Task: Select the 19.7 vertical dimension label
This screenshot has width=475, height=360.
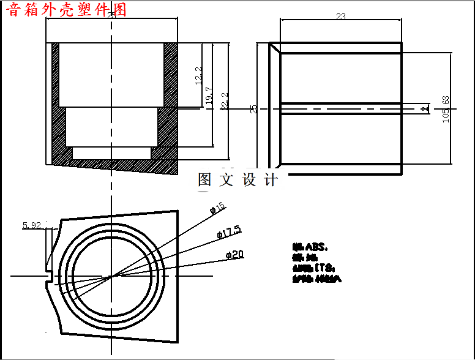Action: tap(209, 98)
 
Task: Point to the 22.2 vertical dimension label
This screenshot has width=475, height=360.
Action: tap(224, 101)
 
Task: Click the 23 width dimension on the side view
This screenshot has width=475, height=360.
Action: tap(341, 17)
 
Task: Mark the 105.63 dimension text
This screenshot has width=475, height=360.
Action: tap(446, 109)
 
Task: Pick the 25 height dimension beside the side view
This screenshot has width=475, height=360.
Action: tap(254, 109)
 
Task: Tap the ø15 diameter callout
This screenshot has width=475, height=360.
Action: tap(218, 208)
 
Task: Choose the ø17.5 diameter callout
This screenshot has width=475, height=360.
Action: tap(229, 232)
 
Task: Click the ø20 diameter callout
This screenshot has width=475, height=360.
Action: tap(235, 254)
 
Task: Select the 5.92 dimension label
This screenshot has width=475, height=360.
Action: tap(31, 225)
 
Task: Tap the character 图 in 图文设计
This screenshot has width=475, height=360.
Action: tap(204, 180)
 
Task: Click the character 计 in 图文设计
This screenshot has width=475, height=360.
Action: tap(271, 180)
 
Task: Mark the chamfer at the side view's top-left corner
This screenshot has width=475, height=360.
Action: tap(275, 48)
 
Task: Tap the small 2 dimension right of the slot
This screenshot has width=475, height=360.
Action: tap(424, 109)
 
